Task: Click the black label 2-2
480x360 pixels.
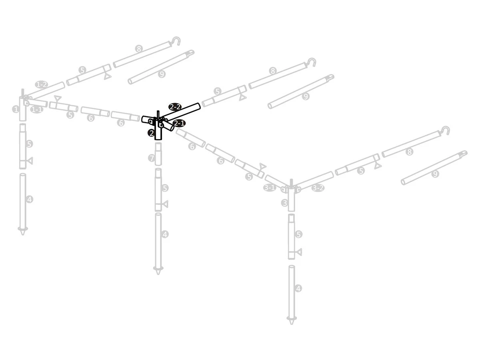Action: pyautogui.click(x=175, y=107)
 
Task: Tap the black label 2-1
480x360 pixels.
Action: pyautogui.click(x=179, y=123)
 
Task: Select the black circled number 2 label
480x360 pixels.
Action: pyautogui.click(x=151, y=133)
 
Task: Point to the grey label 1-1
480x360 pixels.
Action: pyautogui.click(x=37, y=109)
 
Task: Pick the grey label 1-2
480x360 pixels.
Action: pyautogui.click(x=41, y=84)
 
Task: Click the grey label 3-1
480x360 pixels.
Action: pyautogui.click(x=270, y=187)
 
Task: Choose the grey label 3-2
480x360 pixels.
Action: pyautogui.click(x=318, y=188)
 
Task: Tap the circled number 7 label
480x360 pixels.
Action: pyautogui.click(x=152, y=158)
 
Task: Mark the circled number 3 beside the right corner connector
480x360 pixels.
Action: pyautogui.click(x=284, y=203)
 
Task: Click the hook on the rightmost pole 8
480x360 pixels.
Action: pyautogui.click(x=445, y=130)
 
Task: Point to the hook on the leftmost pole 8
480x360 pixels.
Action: pyautogui.click(x=176, y=40)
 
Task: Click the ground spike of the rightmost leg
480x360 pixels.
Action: pyautogui.click(x=291, y=320)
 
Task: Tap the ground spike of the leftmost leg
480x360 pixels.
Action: pyautogui.click(x=22, y=230)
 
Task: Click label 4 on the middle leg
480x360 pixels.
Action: pyautogui.click(x=165, y=234)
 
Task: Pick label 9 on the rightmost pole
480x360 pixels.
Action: pyautogui.click(x=435, y=174)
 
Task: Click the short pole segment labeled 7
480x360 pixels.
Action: pyautogui.click(x=158, y=154)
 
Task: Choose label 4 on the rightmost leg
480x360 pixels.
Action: pyautogui.click(x=298, y=288)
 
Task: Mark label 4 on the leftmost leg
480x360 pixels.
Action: pyautogui.click(x=29, y=199)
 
